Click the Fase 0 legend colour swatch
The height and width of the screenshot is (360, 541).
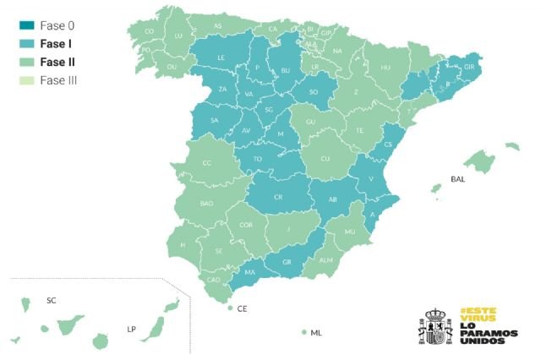point(25,25)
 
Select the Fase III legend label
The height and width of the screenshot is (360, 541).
point(58,79)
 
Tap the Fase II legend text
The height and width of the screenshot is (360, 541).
point(57,62)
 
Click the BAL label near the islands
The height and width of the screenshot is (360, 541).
point(457,179)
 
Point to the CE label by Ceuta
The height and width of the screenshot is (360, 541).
point(242,309)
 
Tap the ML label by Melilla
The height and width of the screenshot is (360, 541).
point(316,333)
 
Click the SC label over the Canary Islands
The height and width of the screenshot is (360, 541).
point(51,300)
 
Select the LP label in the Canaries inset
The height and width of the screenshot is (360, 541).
point(131,329)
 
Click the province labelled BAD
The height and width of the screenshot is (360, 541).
point(206,204)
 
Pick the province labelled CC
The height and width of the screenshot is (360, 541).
point(207,162)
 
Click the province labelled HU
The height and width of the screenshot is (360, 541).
point(385,67)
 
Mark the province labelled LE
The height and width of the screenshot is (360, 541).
point(221,58)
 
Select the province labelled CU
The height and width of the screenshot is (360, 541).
point(325,158)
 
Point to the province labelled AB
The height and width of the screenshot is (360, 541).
point(333,200)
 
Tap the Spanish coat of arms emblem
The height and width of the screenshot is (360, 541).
point(435,325)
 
